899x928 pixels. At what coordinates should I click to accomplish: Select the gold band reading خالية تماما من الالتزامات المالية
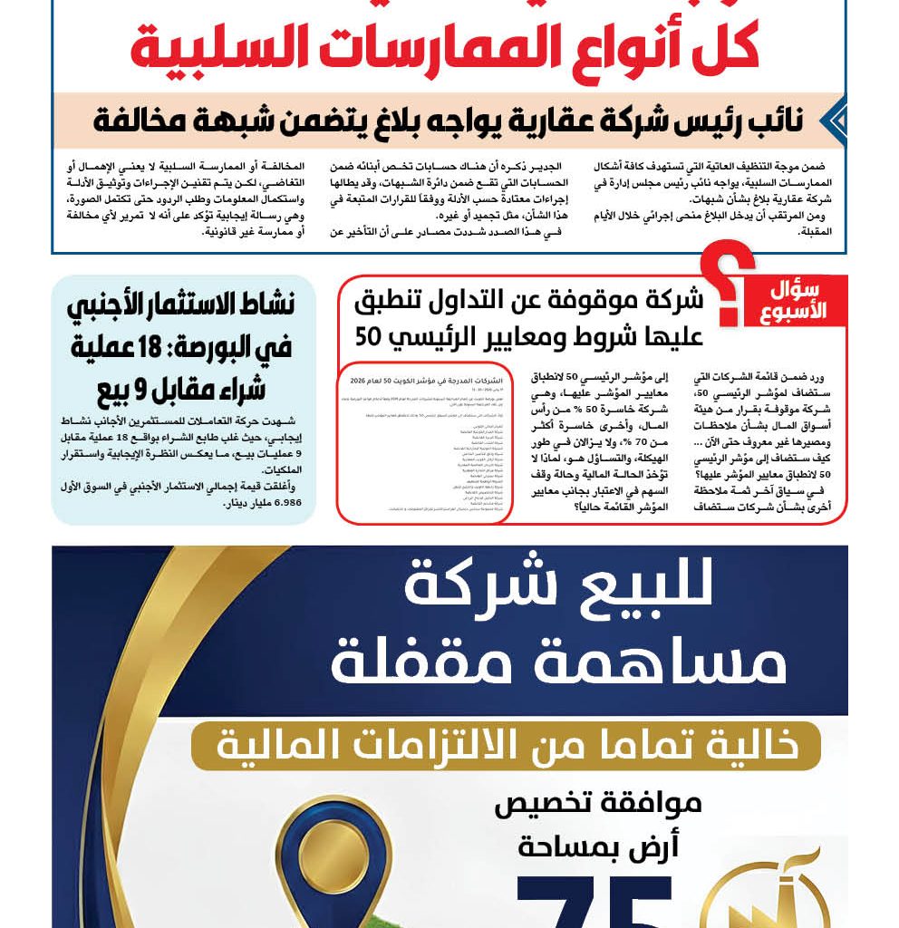(x=506, y=745)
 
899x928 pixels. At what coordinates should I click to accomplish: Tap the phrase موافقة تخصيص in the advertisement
(x=598, y=805)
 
